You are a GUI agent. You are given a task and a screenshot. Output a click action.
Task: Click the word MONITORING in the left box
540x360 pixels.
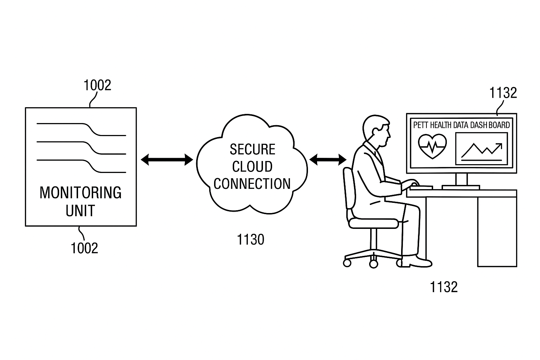coord(81,193)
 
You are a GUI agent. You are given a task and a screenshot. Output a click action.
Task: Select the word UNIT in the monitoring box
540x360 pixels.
coord(81,211)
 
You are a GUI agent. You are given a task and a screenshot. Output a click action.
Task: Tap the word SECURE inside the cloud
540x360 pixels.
coord(252,149)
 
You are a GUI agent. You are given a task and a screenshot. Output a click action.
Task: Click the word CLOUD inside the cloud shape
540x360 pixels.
coord(252,167)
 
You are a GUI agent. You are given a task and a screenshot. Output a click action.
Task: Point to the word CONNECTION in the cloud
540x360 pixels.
coord(252,184)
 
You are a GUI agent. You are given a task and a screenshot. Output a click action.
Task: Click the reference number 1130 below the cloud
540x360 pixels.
coord(250,240)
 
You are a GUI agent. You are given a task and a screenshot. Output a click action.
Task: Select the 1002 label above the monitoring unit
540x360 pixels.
coord(97,85)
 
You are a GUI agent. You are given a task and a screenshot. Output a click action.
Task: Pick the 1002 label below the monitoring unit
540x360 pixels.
coord(84,249)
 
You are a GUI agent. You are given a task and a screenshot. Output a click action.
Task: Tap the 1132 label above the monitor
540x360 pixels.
coord(503,93)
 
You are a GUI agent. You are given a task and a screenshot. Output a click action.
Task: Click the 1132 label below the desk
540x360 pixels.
coord(444,287)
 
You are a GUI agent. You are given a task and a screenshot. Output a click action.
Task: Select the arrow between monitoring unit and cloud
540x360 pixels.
coord(167,160)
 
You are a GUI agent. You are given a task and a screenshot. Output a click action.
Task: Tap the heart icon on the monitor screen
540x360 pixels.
coord(432,145)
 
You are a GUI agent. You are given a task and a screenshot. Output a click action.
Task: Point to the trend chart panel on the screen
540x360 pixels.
coord(482,149)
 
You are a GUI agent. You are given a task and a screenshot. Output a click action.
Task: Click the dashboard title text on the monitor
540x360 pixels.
coord(461,125)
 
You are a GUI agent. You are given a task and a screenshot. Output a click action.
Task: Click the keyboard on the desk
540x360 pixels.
coord(421,187)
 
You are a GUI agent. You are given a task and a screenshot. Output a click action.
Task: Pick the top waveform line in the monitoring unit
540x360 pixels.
coord(81,128)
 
